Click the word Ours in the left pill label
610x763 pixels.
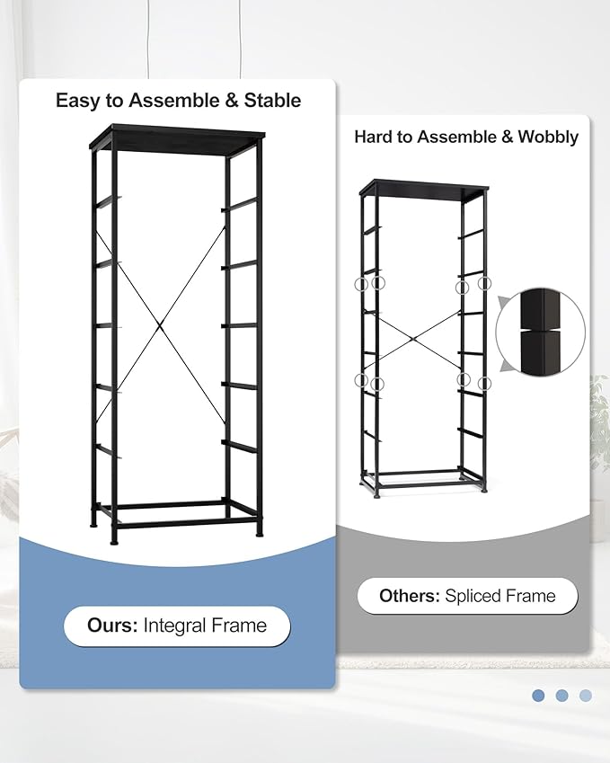coord(112,625)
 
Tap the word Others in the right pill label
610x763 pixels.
coord(409,596)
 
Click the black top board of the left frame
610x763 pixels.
coord(177,136)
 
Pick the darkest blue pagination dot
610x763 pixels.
coord(538,696)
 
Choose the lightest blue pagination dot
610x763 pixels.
coord(586,696)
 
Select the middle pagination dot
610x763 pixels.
coord(561,696)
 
